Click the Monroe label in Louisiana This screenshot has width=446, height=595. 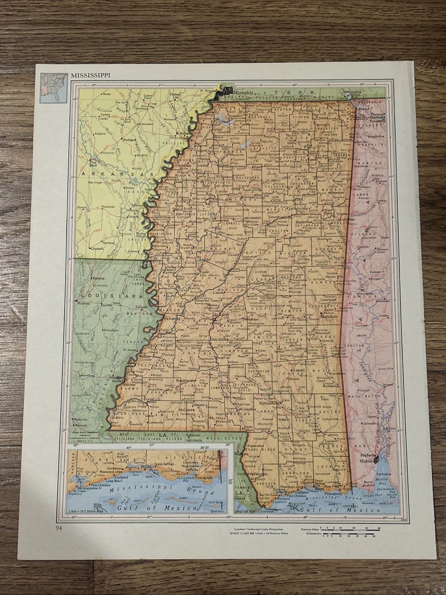click(82, 303)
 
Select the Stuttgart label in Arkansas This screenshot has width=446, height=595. click(128, 140)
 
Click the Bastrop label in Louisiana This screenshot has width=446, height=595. click(98, 278)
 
